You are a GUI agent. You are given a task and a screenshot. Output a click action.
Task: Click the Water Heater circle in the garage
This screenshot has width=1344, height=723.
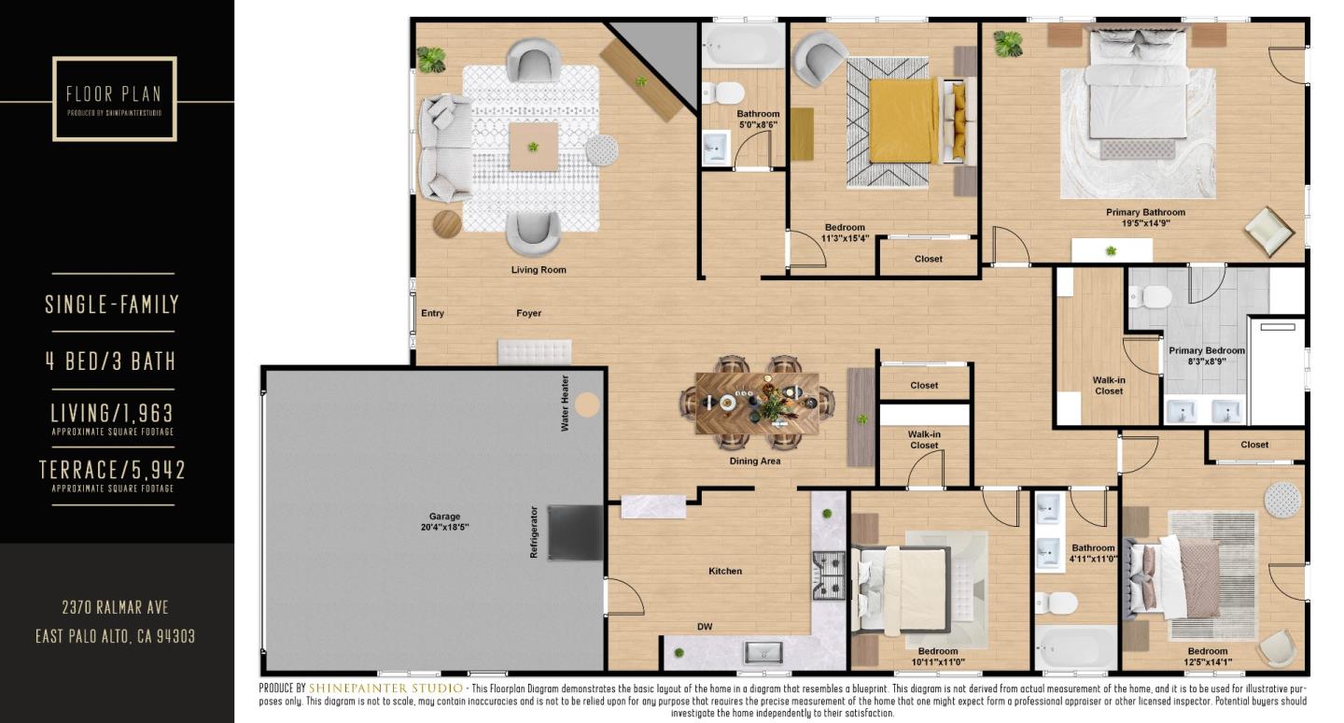[x=587, y=404]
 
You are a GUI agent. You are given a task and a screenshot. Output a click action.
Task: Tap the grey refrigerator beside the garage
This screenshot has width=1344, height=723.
[x=575, y=532]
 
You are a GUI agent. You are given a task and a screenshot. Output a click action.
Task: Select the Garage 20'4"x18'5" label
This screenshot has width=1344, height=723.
[x=444, y=521]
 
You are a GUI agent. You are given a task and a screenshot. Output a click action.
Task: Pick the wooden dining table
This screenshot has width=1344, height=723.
[x=756, y=404]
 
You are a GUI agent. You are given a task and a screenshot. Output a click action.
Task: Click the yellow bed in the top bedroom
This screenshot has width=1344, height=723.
[x=903, y=120]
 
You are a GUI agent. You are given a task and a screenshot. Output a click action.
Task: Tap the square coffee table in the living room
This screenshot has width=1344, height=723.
[x=533, y=146]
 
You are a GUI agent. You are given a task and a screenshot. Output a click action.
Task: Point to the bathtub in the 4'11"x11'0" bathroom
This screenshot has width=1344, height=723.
[x=1075, y=646]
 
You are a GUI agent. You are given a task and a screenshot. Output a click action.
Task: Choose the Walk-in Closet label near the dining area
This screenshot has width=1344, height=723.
[x=924, y=439]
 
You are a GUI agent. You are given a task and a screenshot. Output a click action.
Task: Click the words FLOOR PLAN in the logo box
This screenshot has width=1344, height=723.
[x=114, y=94]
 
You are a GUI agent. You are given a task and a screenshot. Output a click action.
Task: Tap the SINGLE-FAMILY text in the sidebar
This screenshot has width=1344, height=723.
[x=112, y=304]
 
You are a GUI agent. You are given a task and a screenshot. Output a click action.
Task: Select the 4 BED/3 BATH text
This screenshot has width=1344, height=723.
[x=112, y=361]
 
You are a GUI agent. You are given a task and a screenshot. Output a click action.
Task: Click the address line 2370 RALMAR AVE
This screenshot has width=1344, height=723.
[x=115, y=607]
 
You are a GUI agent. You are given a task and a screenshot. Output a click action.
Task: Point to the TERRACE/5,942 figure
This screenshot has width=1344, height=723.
[x=112, y=470]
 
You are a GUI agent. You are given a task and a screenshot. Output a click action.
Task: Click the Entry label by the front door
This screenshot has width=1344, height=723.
[x=432, y=313]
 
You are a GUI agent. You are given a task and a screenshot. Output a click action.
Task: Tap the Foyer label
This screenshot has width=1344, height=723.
[x=528, y=313]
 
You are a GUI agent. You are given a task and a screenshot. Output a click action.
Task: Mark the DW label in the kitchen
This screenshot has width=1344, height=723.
[x=705, y=627]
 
